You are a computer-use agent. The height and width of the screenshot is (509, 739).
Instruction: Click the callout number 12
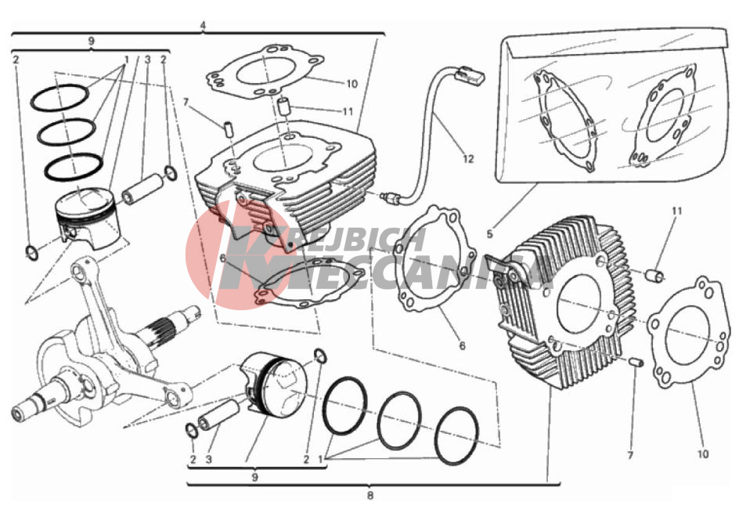pyautogui.click(x=467, y=159)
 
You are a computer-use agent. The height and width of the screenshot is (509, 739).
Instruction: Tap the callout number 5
pyautogui.click(x=490, y=234)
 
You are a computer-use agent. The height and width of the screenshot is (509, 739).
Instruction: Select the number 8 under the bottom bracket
pyautogui.click(x=370, y=496)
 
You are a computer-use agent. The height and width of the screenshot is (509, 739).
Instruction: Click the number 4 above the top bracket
pyautogui.click(x=203, y=25)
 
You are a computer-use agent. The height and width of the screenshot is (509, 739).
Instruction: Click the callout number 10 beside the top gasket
pyautogui.click(x=352, y=84)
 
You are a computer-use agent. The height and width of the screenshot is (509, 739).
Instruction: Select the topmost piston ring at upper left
pyautogui.click(x=59, y=98)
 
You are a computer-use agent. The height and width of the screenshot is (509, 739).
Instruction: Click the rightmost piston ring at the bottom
pyautogui.click(x=457, y=436)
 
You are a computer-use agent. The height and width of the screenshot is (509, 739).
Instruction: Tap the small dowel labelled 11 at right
pyautogui.click(x=654, y=275)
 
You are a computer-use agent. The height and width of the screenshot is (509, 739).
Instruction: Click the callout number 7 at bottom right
pyautogui.click(x=630, y=455)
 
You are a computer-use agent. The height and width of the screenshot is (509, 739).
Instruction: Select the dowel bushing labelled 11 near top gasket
pyautogui.click(x=283, y=106)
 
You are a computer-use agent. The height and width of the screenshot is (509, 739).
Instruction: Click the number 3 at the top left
pyautogui.click(x=147, y=60)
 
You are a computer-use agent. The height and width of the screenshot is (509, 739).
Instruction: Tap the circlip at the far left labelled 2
pyautogui.click(x=32, y=253)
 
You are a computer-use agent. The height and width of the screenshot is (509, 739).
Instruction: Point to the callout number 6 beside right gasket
pyautogui.click(x=462, y=345)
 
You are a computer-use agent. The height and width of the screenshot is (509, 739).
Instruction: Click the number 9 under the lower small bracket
pyautogui.click(x=254, y=477)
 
